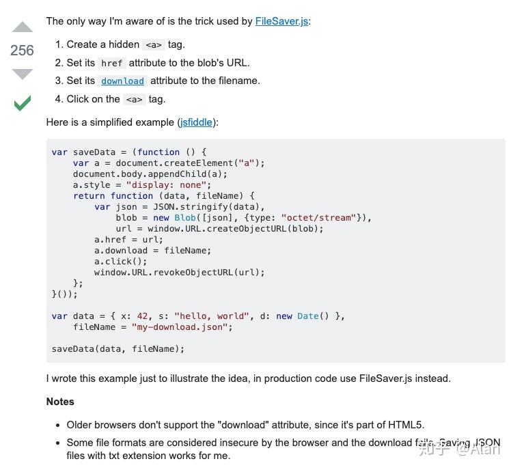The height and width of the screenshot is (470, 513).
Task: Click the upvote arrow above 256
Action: (23, 27)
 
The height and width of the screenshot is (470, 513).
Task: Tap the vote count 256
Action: (22, 51)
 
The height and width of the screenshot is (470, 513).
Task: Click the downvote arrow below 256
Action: (23, 74)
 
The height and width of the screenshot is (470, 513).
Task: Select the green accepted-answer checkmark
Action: (23, 103)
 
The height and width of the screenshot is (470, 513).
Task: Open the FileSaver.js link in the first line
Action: (281, 21)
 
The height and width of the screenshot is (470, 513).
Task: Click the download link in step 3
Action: (123, 81)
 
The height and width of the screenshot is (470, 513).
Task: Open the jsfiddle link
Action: (196, 122)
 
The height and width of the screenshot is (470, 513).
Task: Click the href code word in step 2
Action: (111, 63)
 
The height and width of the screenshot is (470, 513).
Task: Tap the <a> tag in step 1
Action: (154, 45)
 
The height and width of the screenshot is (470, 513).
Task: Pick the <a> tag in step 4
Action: (134, 100)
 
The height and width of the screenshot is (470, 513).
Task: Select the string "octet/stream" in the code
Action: (319, 218)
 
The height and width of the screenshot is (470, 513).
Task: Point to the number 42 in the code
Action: (142, 316)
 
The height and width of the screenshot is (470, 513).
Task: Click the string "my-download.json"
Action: (180, 327)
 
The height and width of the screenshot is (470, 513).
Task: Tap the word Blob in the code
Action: (185, 218)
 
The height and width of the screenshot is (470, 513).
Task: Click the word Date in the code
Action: (308, 316)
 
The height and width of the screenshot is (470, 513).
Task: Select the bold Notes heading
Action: (60, 402)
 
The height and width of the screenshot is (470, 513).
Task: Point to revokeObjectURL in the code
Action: (193, 273)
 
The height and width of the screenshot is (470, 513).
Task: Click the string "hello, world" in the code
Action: (212, 316)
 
